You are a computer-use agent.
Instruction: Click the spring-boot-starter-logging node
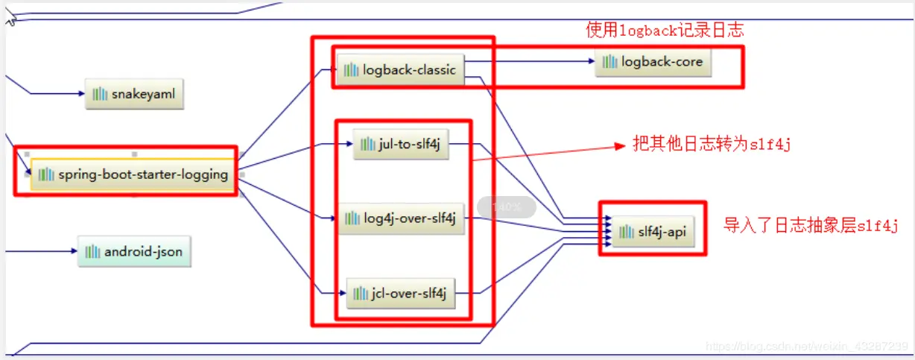[133, 174]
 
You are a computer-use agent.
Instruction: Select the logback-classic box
[401, 70]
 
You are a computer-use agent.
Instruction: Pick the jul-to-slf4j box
[401, 145]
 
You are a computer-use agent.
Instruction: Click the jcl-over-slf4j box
[401, 293]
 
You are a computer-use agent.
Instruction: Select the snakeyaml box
[134, 95]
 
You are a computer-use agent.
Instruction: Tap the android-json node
[134, 252]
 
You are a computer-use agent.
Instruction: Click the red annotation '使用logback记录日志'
[665, 31]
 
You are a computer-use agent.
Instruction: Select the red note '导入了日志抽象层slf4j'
[811, 226]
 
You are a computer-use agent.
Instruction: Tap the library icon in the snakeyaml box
[99, 95]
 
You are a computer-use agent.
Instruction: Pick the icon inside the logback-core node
[610, 62]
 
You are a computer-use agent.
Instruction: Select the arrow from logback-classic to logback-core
[529, 62]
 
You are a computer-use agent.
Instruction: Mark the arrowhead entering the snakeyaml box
[81, 94]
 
